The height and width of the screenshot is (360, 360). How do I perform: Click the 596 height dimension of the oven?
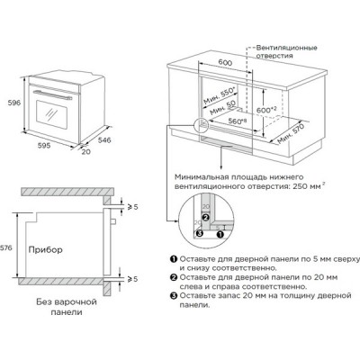14,103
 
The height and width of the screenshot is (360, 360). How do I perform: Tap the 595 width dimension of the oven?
44,146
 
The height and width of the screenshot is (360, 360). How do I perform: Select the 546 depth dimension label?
104,140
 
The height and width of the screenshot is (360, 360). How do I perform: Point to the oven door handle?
52,94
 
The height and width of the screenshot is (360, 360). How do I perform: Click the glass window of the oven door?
51,115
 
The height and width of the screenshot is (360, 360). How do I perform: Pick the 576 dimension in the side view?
6,247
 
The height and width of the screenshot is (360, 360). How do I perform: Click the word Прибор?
46,249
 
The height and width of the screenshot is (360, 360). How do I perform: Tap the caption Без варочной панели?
67,307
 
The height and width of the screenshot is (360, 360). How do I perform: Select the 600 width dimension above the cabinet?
225,62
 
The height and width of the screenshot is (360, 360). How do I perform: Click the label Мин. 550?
220,95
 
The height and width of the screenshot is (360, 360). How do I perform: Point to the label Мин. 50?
222,108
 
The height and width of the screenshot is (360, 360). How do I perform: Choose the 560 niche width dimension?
237,121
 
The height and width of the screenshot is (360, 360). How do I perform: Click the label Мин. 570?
291,133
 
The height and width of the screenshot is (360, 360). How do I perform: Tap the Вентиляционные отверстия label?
286,51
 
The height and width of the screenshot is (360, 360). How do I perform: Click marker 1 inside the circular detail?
220,234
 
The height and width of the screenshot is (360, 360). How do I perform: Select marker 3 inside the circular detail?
200,233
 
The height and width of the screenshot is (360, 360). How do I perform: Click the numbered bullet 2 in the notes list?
174,277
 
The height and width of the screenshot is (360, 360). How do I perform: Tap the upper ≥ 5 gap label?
133,207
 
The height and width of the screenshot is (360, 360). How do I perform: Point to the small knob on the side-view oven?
113,221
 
